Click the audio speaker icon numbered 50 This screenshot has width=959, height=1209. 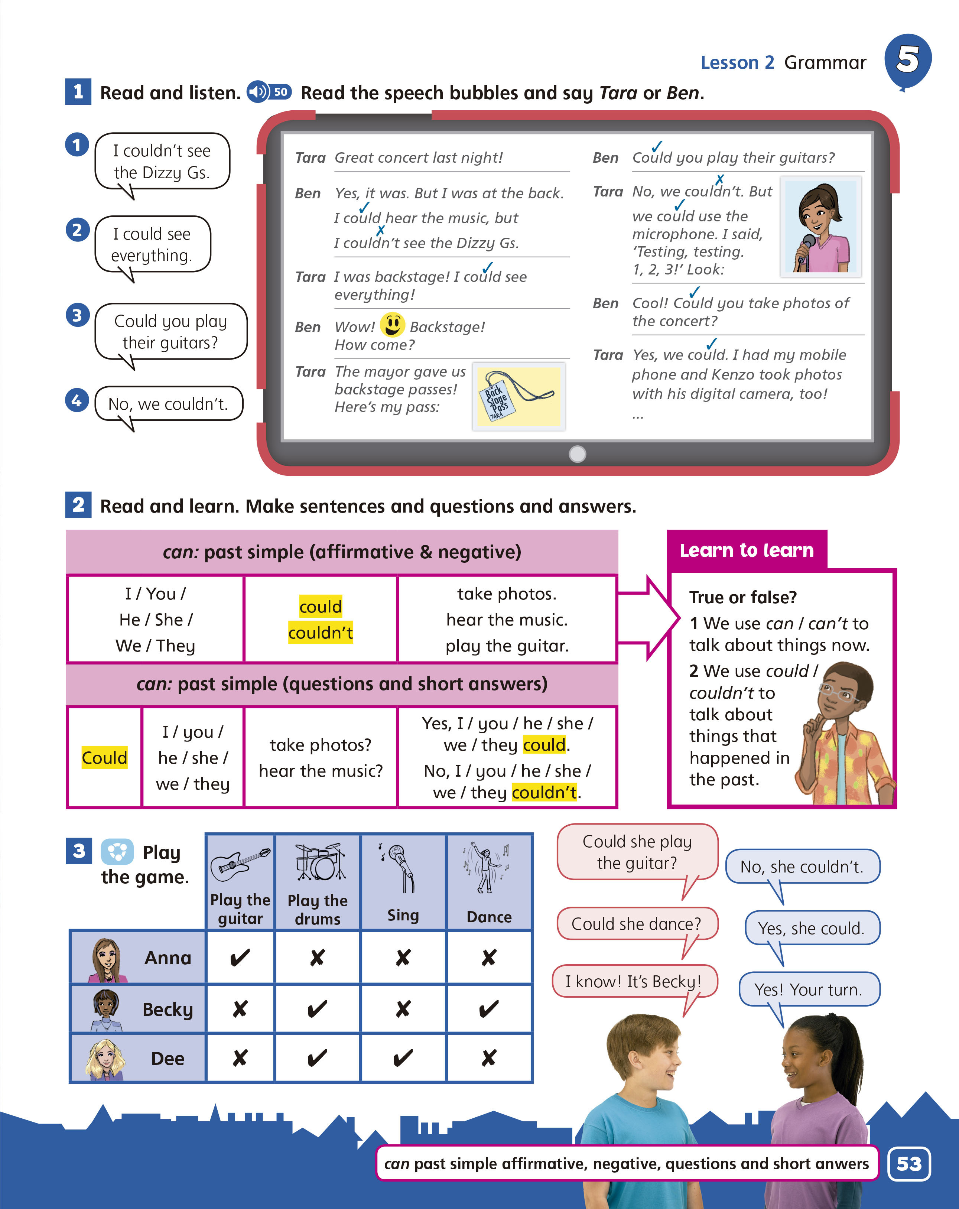click(x=269, y=92)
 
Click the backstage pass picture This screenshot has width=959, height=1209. click(x=518, y=396)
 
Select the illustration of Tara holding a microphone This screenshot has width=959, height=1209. click(x=820, y=227)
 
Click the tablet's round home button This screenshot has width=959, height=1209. click(x=577, y=454)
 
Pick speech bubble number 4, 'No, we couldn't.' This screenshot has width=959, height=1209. click(x=168, y=404)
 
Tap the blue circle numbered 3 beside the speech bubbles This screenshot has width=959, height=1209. click(x=77, y=315)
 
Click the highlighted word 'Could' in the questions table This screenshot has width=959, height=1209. click(x=104, y=758)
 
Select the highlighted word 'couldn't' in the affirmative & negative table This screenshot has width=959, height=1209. click(x=320, y=633)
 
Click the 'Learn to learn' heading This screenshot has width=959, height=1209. click(x=747, y=550)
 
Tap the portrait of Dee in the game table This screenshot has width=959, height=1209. click(x=105, y=1059)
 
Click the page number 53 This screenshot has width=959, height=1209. click(x=908, y=1164)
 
